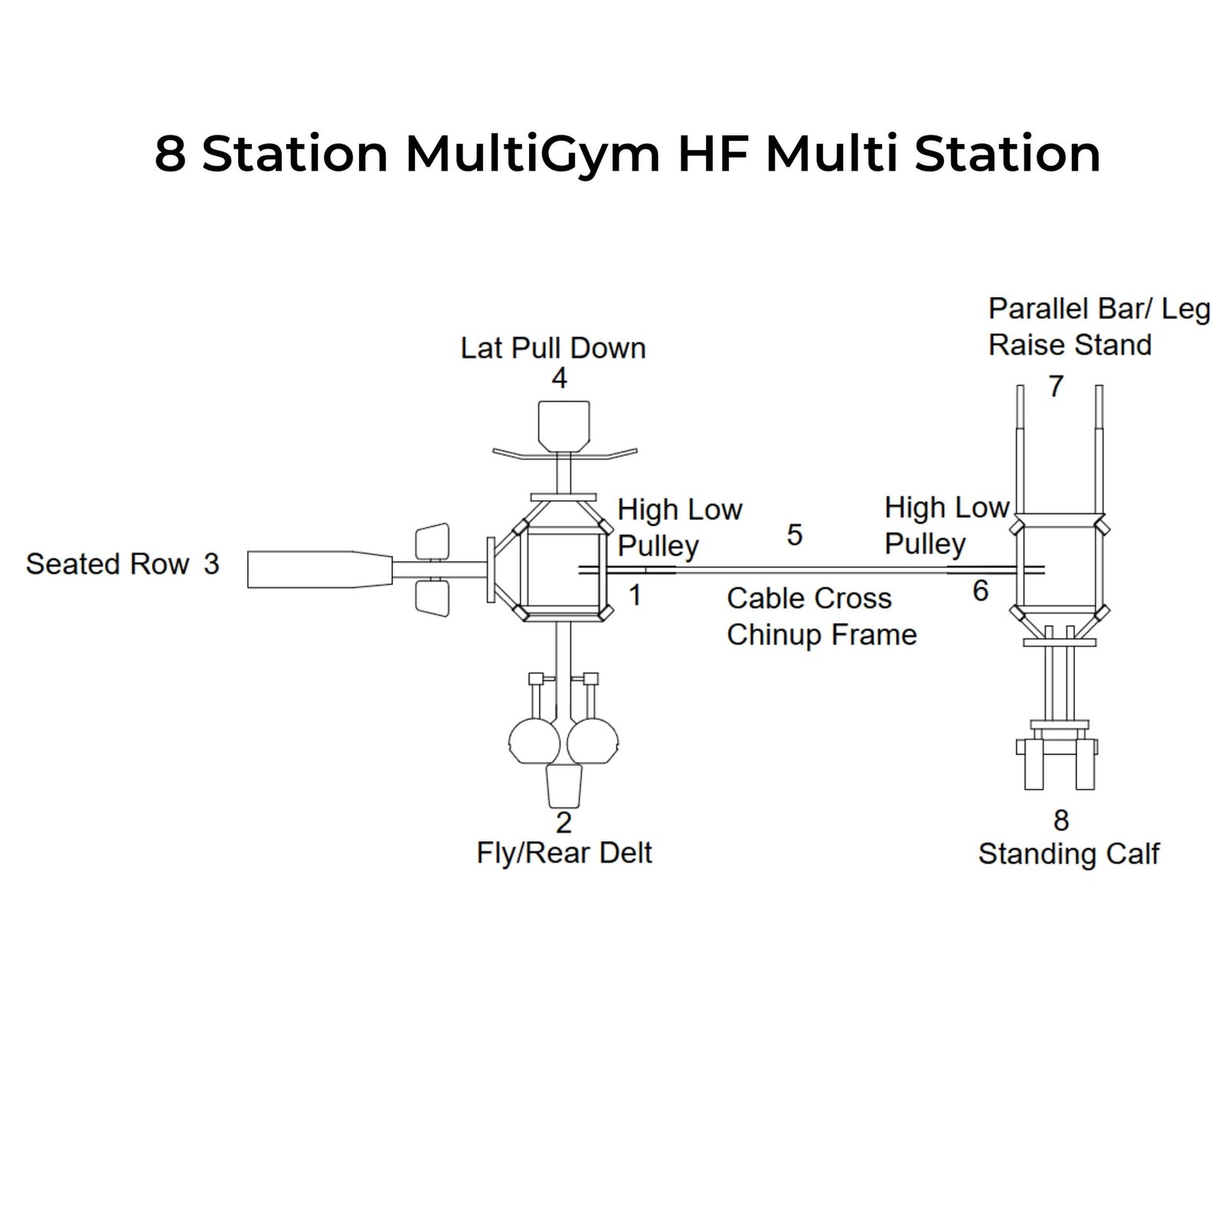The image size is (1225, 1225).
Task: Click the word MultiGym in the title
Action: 532,155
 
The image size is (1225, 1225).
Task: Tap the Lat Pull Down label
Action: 553,348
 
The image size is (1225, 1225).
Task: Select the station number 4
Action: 560,378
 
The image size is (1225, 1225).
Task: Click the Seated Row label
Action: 107,564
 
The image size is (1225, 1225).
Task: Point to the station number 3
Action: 211,564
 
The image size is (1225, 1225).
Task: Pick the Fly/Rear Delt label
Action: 564,853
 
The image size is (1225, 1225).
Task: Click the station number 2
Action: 563,822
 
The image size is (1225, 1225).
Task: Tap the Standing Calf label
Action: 1069,854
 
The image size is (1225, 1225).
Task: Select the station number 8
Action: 1060,821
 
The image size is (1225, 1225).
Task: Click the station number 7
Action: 1057,386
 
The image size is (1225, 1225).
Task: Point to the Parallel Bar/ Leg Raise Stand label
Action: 1099,327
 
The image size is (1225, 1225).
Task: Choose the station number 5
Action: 795,535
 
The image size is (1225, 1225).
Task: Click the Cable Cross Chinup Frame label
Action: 821,616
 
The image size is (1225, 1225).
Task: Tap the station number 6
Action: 980,590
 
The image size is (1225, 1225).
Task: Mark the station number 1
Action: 635,595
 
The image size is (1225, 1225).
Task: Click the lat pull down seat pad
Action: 564,426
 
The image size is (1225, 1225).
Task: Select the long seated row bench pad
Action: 319,570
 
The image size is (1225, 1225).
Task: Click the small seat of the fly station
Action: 563,785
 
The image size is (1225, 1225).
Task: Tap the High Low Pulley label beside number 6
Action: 946,525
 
